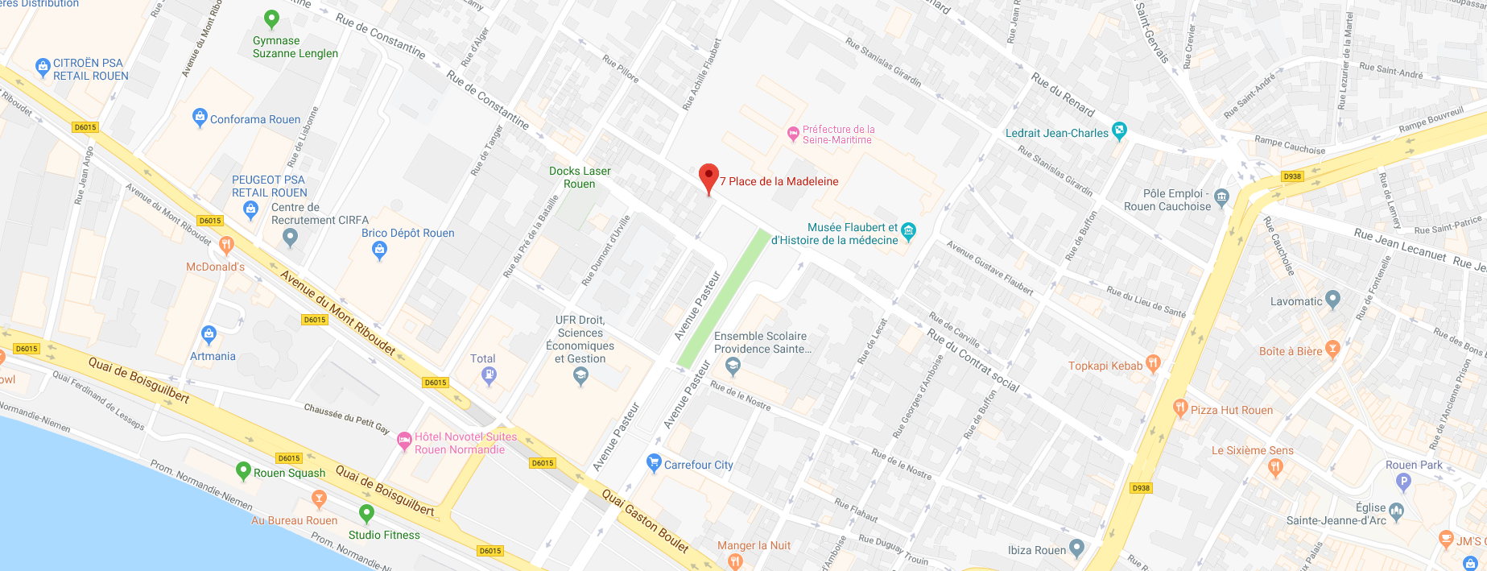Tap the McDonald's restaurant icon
[227, 244]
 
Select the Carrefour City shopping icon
[654, 463]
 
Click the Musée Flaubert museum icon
[908, 232]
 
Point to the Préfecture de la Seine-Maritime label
[837, 134]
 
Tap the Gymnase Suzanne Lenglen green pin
[271, 19]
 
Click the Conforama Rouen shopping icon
[200, 118]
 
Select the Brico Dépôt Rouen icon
[379, 250]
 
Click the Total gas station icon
[489, 375]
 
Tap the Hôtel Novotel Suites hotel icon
[404, 440]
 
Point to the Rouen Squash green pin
[243, 470]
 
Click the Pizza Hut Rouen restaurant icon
[1180, 408]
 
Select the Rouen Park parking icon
[1403, 482]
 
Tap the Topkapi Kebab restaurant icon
[1153, 364]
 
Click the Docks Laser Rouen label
[580, 177]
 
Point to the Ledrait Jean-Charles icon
[1119, 130]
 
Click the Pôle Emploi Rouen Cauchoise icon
[1221, 197]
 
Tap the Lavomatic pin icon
[1332, 300]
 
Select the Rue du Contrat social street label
[973, 360]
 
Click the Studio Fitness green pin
[367, 512]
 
